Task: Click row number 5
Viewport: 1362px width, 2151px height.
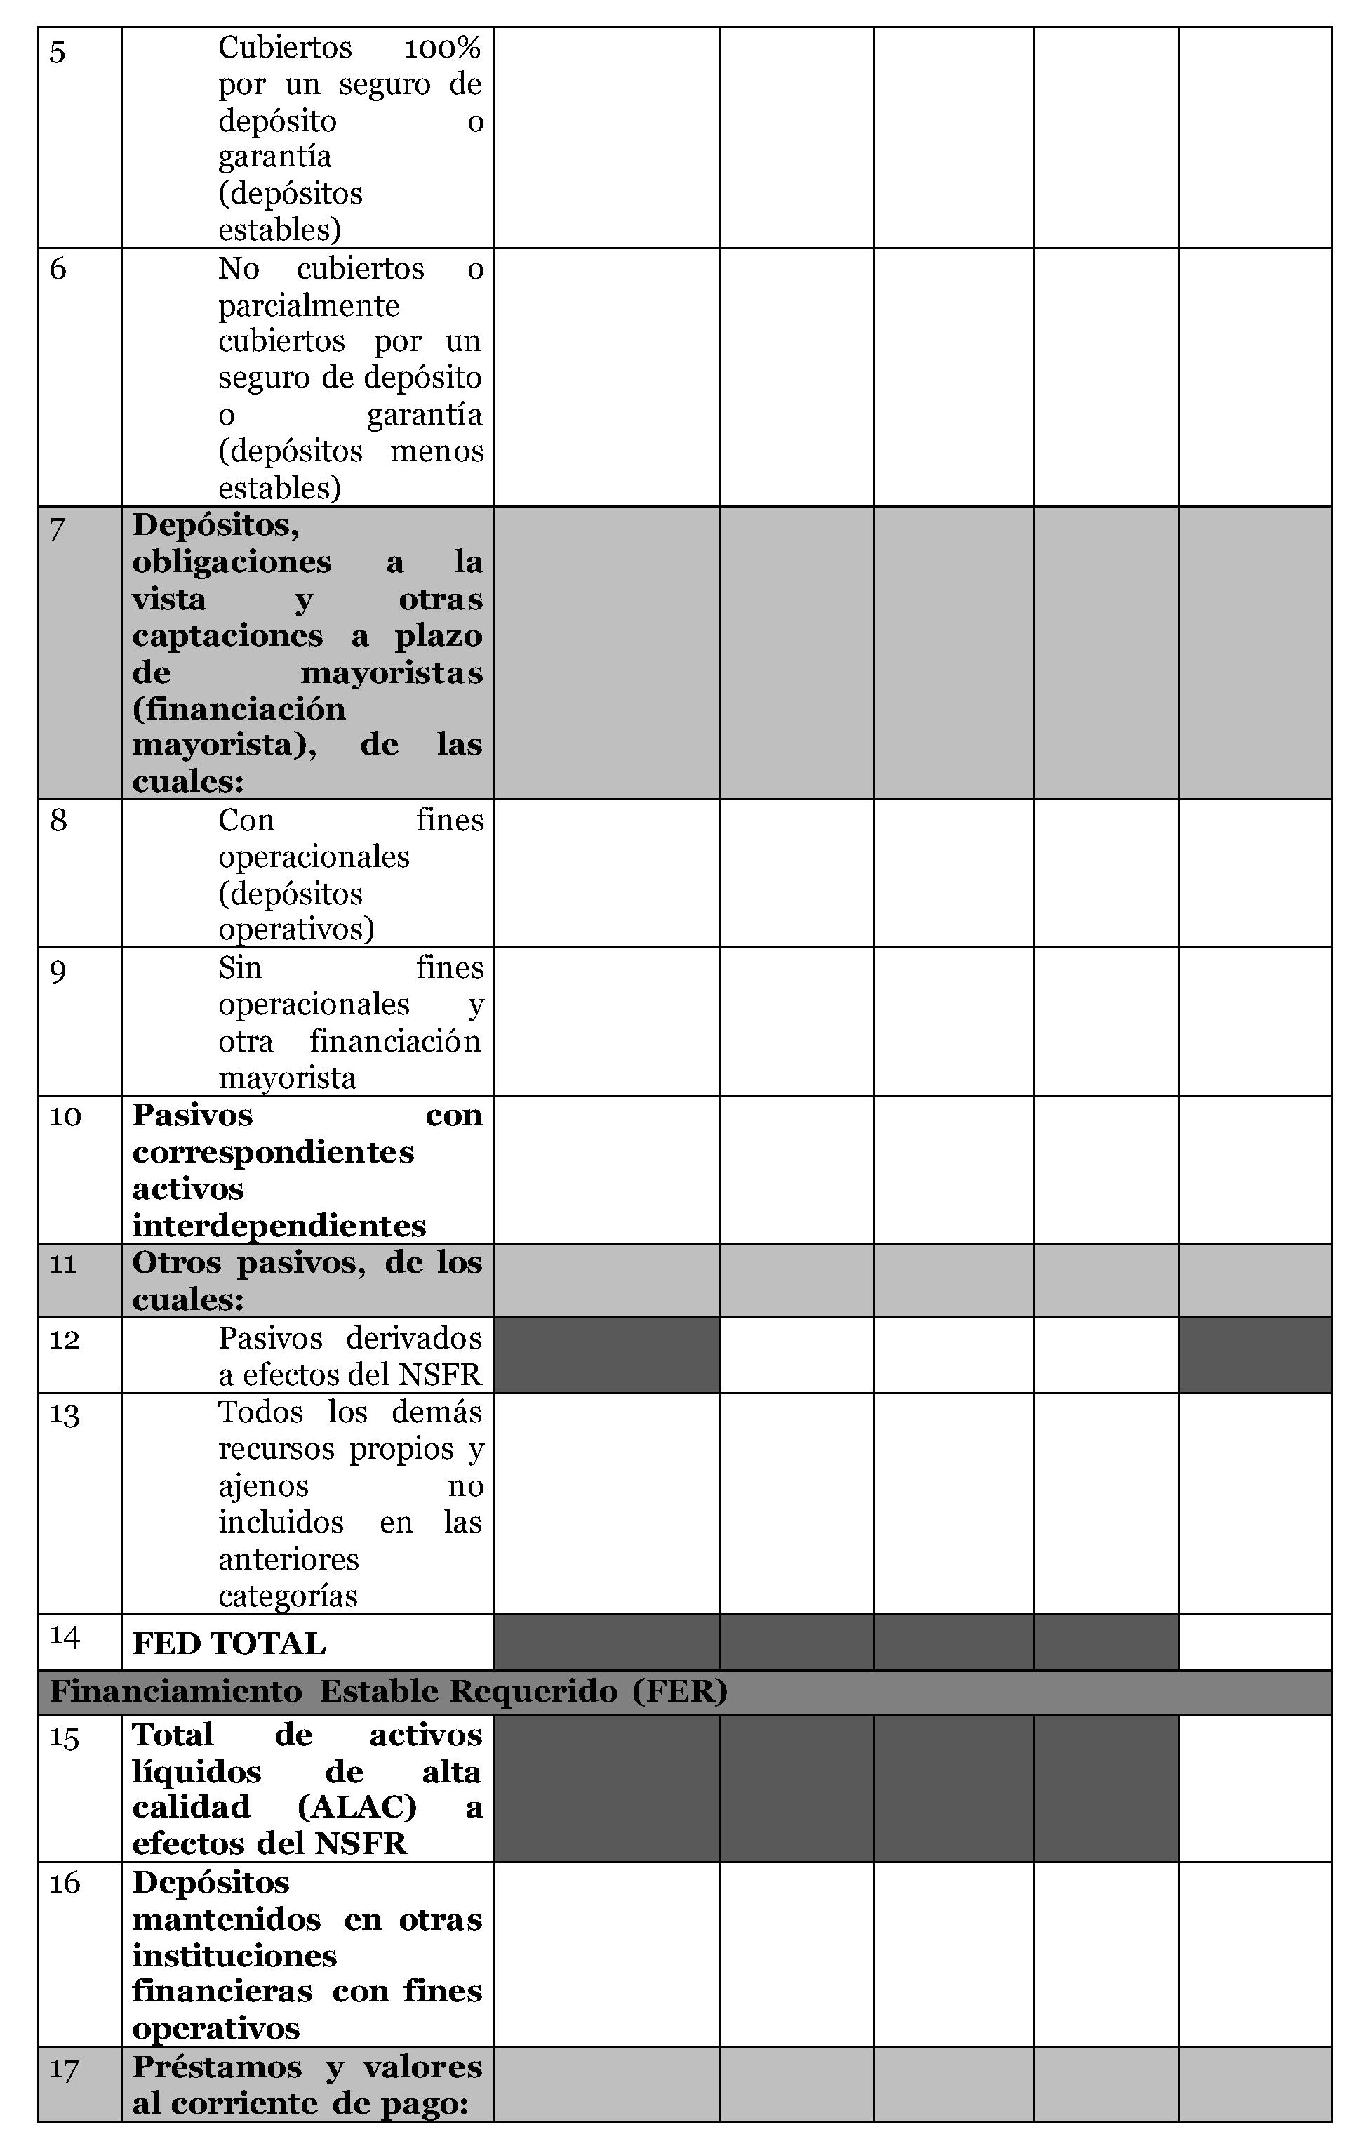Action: point(57,52)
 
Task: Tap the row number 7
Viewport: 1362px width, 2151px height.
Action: point(57,529)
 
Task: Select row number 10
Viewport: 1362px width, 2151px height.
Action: point(65,1117)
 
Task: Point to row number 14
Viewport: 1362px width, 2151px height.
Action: point(65,1636)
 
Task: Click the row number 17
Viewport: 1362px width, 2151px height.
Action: point(65,2069)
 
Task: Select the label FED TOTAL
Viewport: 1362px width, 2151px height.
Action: point(229,1643)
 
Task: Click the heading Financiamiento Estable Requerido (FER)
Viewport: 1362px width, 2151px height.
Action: point(389,1692)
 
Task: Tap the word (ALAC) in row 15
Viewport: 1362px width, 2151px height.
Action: point(356,1807)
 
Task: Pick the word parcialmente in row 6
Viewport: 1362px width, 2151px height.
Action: point(308,305)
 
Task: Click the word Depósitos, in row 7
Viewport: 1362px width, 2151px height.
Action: point(215,525)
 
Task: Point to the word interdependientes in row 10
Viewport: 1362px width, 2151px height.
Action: point(279,1226)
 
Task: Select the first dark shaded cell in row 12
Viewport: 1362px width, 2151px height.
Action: point(606,1355)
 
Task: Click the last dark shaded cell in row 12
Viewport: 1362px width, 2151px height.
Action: point(1255,1355)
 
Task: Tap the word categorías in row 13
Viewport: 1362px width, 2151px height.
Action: point(288,1596)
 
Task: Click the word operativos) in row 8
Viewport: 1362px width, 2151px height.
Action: point(295,930)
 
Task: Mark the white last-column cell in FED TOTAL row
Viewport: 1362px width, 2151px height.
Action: point(1255,1642)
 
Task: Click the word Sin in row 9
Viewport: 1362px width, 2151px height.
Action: point(239,967)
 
